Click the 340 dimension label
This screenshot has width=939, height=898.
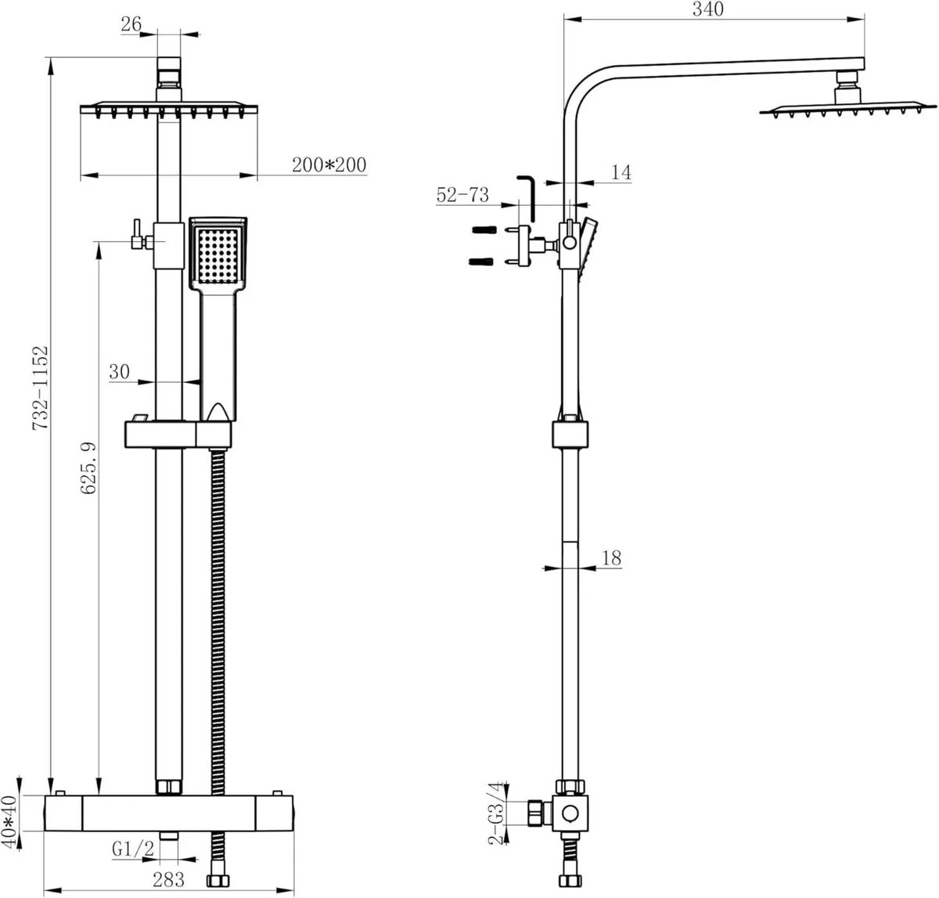tap(709, 9)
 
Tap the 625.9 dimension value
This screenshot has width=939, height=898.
tap(88, 467)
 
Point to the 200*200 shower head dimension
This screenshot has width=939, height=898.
tap(329, 165)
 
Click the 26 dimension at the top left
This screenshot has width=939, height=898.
tap(131, 24)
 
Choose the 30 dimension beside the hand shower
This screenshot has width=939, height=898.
tap(119, 371)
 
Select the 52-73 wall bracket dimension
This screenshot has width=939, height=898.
tap(462, 194)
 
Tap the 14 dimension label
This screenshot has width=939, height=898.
tap(621, 172)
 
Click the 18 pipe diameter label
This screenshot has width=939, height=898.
tap(612, 557)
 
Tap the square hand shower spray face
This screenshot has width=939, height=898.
tap(217, 255)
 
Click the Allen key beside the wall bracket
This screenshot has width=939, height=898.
tap(527, 198)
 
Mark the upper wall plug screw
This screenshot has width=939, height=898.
tap(484, 231)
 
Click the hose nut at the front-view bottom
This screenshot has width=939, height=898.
tap(217, 882)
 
